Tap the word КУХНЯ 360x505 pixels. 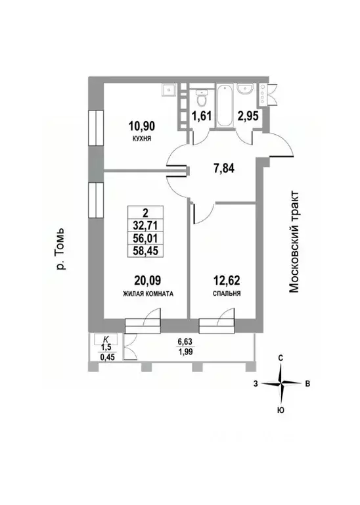141,139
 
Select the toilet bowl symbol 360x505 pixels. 202,101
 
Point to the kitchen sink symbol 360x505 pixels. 169,87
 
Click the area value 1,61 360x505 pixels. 201,118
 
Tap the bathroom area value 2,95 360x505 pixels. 248,118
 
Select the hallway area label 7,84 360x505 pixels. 223,168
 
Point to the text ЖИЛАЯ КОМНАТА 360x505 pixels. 148,295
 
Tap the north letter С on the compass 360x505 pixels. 281,358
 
